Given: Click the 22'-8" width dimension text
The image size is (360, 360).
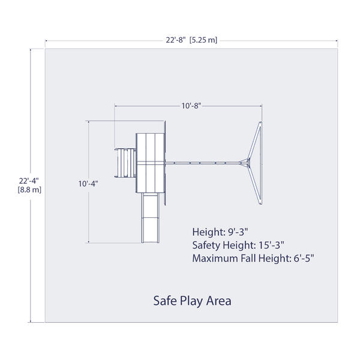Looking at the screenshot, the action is coord(176,40).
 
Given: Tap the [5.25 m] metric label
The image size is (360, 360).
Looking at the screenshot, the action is coord(203,40).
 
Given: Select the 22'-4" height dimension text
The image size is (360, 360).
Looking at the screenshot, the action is coord(29,181).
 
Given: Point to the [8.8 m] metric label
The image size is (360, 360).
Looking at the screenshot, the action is coord(29,190).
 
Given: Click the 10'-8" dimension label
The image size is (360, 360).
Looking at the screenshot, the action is coord(191,106).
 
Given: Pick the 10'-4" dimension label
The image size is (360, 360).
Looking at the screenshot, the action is coord(88,184).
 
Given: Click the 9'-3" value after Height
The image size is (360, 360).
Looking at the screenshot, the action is coord(238,232).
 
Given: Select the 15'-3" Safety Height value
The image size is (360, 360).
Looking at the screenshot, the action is coord(271,245).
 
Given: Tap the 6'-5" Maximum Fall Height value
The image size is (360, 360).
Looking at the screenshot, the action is coord(304,259).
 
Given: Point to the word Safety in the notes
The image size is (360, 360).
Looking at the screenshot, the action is coord(206,245).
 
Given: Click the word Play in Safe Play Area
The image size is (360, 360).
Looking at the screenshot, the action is coord(191,301).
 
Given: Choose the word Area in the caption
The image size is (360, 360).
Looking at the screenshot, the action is coord(218,301).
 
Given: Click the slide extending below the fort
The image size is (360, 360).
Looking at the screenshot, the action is coord(150,218).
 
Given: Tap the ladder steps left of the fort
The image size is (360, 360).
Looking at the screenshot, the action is coord(125,163).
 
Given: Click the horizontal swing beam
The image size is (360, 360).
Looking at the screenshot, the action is coord(203,163).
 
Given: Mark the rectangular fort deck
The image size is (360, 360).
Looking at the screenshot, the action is coord(151,163).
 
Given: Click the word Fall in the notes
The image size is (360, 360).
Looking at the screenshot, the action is coord(248,259).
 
